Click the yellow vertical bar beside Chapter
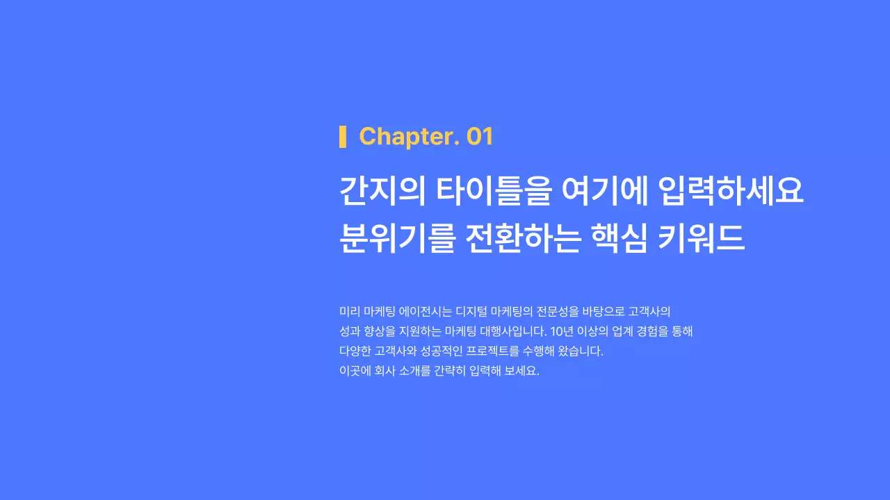tap(343, 137)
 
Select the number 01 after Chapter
tap(480, 137)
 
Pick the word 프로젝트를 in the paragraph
tap(494, 351)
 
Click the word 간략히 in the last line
tap(448, 370)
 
